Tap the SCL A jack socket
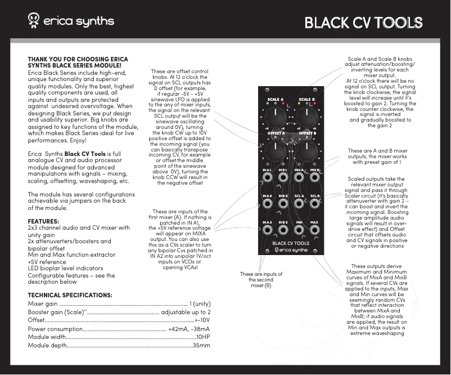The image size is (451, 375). click(x=299, y=205)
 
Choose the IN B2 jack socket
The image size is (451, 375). click(x=283, y=205)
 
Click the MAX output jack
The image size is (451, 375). click(x=315, y=231)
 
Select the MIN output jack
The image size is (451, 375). click(x=299, y=231)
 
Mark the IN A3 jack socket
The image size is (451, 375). click(x=267, y=231)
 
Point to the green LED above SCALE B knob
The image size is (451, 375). click(x=300, y=104)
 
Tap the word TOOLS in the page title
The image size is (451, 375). click(x=399, y=23)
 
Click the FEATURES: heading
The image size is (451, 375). click(x=43, y=221)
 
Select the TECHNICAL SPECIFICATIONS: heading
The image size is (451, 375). click(x=70, y=295)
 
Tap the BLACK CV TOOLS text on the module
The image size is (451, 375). click(x=291, y=244)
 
